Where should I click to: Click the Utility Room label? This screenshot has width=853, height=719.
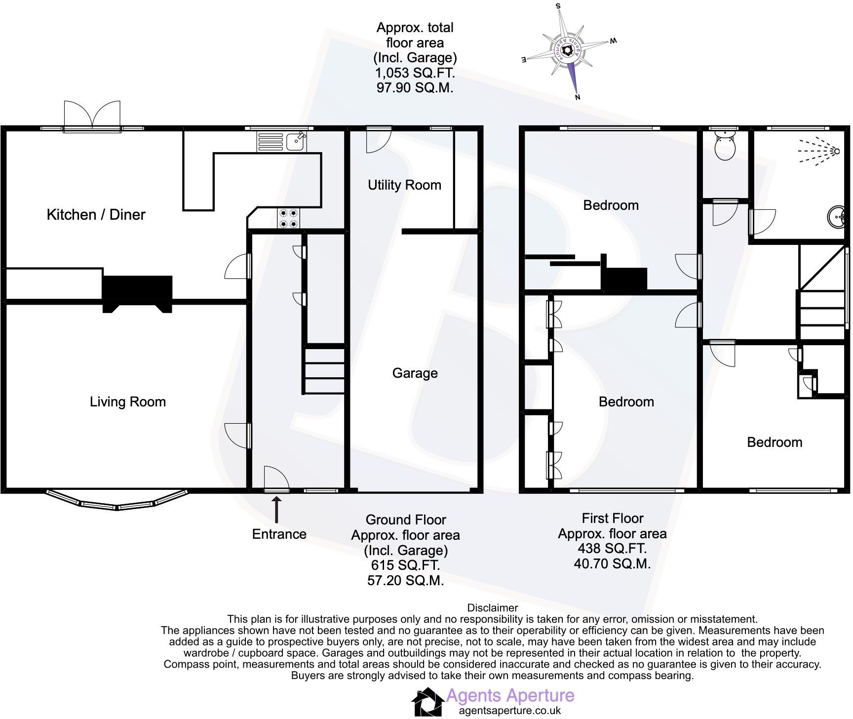click(404, 185)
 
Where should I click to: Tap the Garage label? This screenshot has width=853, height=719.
click(415, 373)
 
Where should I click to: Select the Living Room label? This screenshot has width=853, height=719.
click(127, 401)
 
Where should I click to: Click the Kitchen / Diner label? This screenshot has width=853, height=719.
click(96, 214)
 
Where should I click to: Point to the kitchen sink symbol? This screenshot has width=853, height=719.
click(296, 142)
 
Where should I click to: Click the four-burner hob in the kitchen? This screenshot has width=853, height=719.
click(288, 218)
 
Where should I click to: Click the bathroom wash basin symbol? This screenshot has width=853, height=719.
click(837, 218)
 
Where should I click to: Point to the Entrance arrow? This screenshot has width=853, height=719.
click(276, 510)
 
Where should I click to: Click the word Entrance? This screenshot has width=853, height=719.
click(279, 534)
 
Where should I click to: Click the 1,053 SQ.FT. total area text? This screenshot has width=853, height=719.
click(415, 73)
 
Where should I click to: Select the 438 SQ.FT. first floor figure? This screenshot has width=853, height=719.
click(612, 548)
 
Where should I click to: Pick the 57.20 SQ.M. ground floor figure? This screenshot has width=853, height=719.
click(405, 580)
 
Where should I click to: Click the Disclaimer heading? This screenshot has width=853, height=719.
click(492, 608)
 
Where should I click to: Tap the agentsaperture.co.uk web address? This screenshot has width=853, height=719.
click(510, 711)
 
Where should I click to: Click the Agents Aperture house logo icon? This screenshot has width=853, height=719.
click(427, 701)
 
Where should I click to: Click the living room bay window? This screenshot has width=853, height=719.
click(117, 501)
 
